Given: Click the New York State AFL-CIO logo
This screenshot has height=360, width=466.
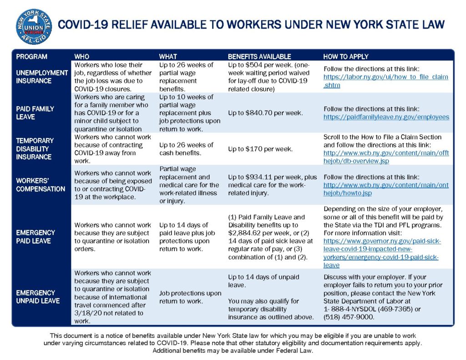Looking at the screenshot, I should tap(34, 26).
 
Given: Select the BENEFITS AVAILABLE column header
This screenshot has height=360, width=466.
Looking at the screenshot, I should tap(259, 56).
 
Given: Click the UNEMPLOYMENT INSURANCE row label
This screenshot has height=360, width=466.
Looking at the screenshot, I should tap(42, 76).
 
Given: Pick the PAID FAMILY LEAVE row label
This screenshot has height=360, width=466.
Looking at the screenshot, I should tap(35, 113).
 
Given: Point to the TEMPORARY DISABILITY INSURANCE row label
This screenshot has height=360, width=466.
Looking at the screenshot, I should tap(35, 149).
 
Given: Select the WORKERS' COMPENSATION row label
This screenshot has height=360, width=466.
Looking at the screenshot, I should tap(41, 185).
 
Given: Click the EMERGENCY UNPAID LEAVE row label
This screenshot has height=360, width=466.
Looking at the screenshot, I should tap(38, 297).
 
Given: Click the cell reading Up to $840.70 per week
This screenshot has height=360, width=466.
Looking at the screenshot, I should tap(265, 112).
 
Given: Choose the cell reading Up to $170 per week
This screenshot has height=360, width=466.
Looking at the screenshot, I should tap(260, 149).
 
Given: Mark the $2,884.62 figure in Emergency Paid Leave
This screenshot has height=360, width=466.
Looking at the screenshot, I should tap(245, 233).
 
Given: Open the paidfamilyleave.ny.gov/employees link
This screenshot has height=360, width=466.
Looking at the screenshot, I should tap(386, 117).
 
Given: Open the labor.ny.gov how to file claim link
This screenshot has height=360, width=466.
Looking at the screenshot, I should tap(385, 77).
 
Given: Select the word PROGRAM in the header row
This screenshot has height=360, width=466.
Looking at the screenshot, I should tap(31, 56).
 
